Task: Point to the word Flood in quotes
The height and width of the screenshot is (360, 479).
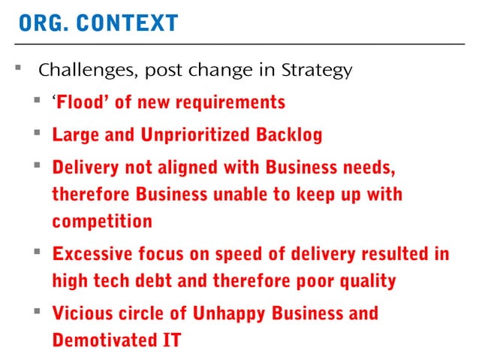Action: [x=83, y=101]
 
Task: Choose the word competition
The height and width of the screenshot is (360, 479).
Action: [x=102, y=222]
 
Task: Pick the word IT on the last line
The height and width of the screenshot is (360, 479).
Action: [x=171, y=340]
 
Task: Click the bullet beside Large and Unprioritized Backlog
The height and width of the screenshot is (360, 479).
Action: [x=37, y=134]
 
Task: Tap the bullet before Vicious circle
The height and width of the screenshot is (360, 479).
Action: [x=37, y=311]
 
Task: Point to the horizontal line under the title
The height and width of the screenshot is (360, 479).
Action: [x=240, y=44]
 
